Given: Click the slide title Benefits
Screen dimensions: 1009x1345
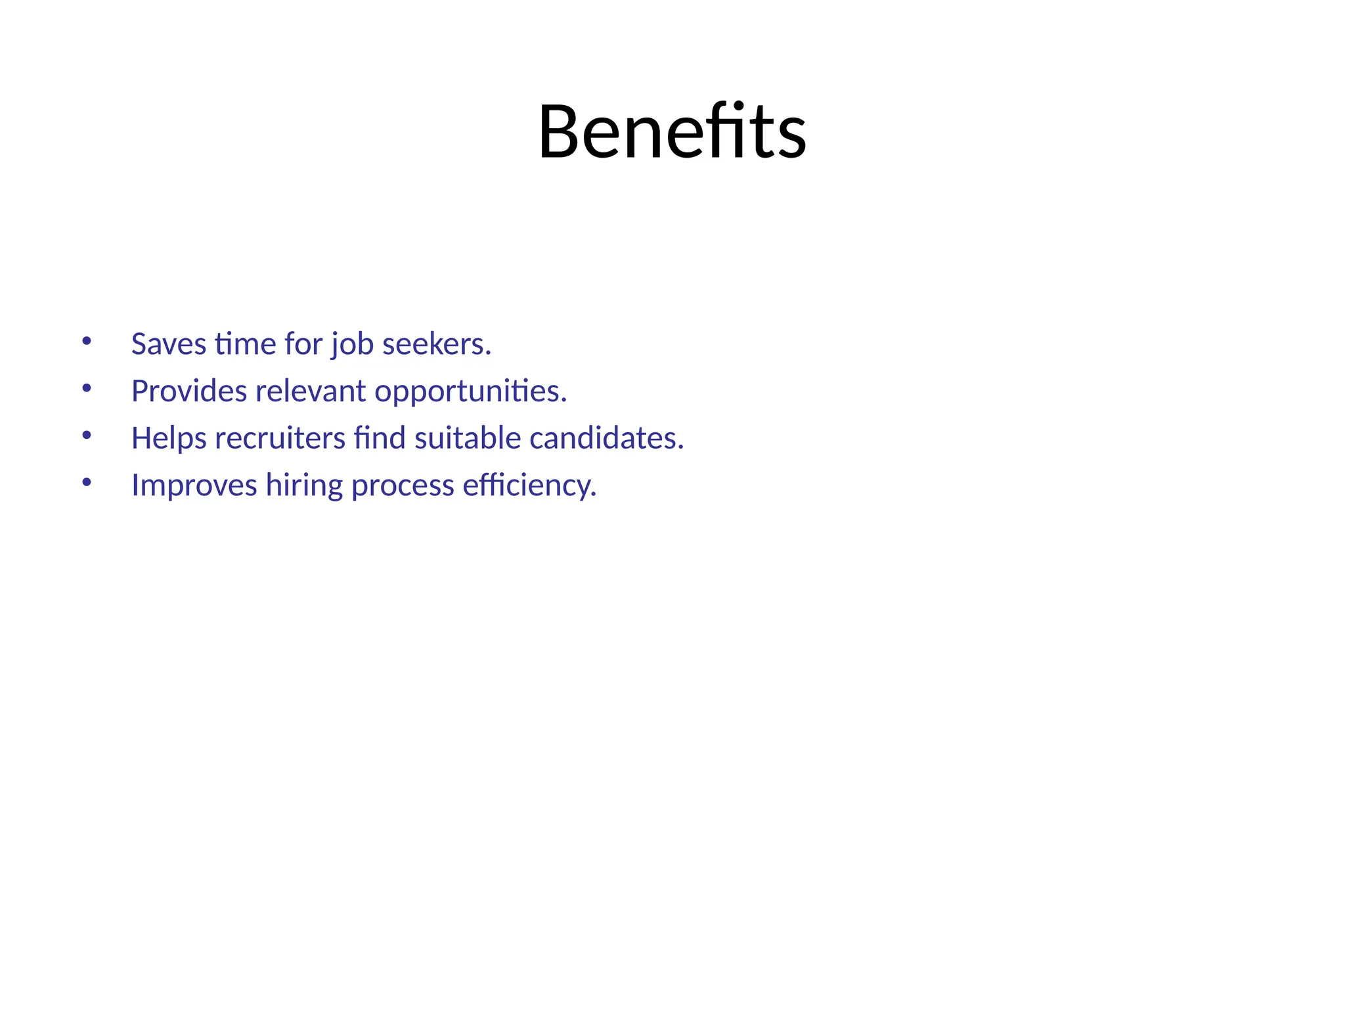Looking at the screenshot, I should [x=672, y=131].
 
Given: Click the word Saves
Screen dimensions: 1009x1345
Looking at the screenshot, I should [x=168, y=344].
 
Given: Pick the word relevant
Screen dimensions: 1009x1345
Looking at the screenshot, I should [x=311, y=392].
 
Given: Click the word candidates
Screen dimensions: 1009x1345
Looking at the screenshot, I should [x=606, y=438].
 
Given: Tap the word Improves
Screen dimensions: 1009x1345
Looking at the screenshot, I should [x=194, y=486].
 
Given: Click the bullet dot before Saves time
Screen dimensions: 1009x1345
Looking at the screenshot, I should [x=87, y=341].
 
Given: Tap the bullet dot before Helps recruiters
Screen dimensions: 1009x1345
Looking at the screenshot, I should [x=87, y=435].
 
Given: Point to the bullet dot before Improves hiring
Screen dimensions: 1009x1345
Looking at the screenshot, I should [x=87, y=482].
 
